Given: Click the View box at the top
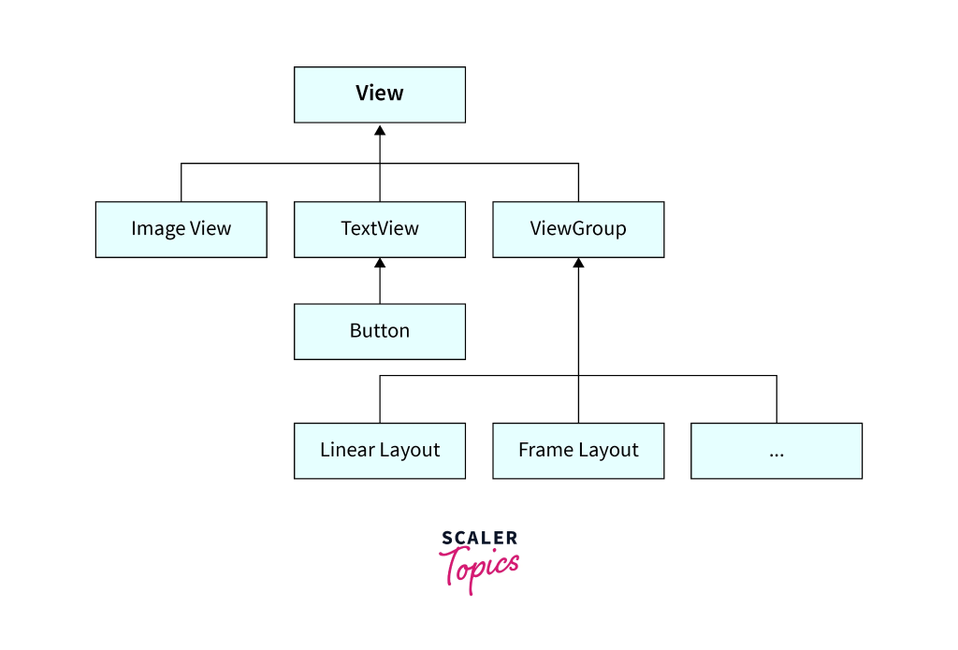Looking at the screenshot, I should [379, 94].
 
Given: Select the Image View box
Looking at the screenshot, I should [181, 229].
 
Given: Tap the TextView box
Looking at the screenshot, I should [379, 229].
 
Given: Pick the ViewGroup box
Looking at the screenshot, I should [578, 229].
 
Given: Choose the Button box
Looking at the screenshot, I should [379, 331].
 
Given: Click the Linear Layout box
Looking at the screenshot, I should [379, 451].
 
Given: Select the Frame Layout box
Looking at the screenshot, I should [578, 451].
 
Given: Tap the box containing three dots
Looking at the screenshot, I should [777, 451].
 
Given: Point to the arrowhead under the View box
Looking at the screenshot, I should [380, 130].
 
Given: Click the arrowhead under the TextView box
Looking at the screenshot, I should [380, 265].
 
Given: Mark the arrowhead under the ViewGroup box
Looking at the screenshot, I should [578, 265].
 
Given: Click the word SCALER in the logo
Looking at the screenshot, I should [479, 538].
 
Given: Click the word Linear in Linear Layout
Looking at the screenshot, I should [345, 451].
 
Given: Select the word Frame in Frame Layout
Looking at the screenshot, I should [544, 451].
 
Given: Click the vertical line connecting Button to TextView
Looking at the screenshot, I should [380, 288].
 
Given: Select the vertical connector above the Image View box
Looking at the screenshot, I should [181, 182].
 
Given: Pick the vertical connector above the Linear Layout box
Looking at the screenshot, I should [380, 399].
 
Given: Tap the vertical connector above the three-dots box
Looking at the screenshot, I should [777, 399].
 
